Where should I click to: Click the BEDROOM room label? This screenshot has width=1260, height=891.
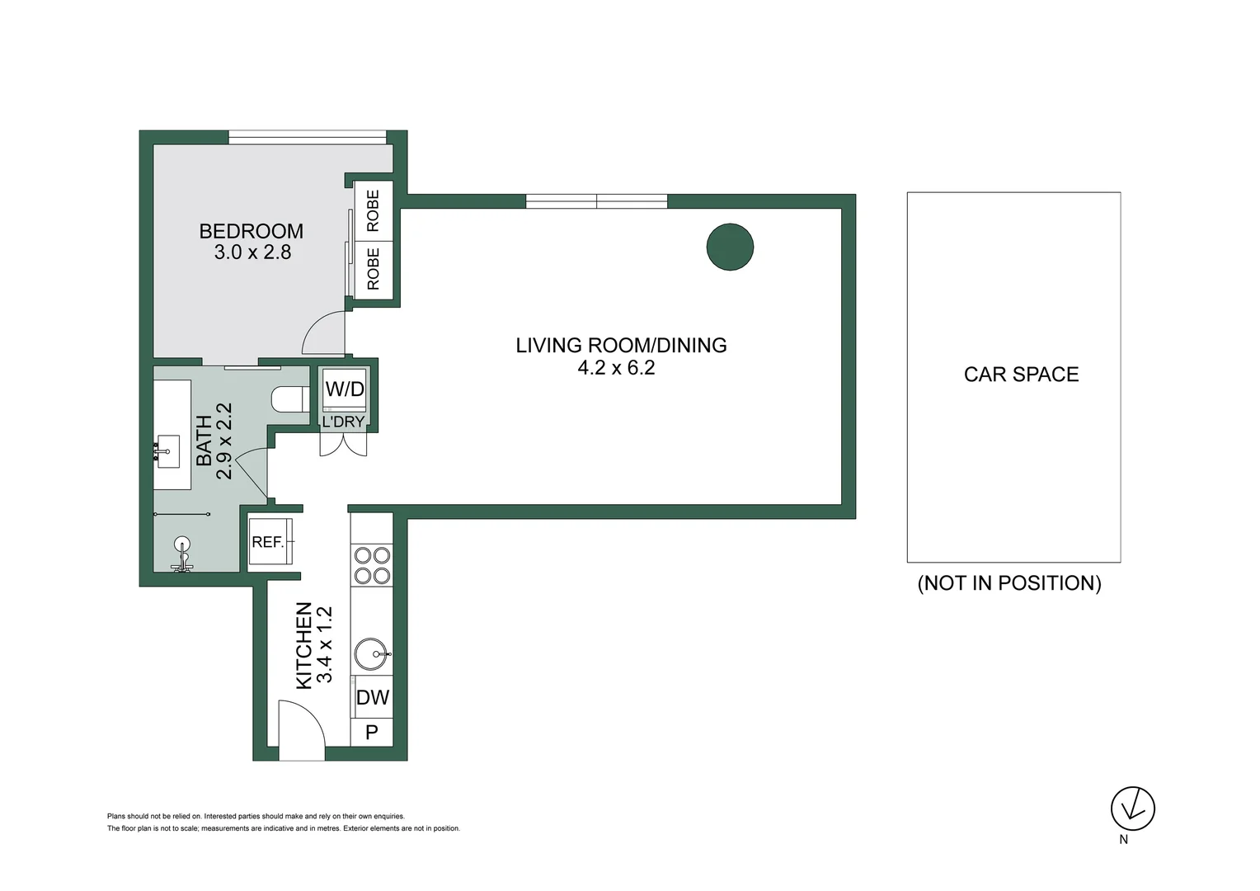(251, 231)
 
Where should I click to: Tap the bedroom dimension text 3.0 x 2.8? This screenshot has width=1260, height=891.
(252, 252)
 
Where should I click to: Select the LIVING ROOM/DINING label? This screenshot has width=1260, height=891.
(621, 345)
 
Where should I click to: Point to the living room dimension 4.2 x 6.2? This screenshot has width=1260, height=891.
(616, 368)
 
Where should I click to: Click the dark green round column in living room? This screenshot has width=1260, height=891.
(730, 247)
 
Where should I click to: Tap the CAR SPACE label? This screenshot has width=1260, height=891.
(1021, 375)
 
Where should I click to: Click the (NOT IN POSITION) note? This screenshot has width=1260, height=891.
(1009, 583)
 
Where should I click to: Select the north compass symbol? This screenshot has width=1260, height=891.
(1132, 808)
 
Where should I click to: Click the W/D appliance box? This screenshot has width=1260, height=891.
(344, 389)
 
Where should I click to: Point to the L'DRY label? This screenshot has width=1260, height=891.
(343, 422)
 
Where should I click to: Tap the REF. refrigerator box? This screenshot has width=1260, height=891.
(270, 542)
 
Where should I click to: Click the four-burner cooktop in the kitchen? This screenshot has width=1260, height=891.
(372, 565)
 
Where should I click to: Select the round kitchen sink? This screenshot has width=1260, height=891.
(372, 654)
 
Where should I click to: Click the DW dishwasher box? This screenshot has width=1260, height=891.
(372, 697)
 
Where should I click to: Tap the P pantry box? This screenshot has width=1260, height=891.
(372, 732)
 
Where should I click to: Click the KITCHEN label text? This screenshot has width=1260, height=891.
(303, 645)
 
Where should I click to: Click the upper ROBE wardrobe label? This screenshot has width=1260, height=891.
(373, 210)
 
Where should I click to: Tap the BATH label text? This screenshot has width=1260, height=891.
(204, 441)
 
